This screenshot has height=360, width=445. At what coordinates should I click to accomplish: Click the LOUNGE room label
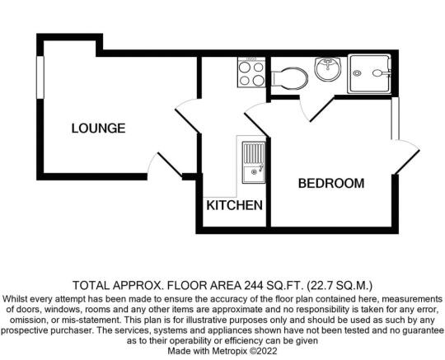pos(98,129)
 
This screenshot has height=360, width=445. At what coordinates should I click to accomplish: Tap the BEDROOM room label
pos(331,183)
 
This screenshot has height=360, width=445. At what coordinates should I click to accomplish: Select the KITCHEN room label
pos(234,205)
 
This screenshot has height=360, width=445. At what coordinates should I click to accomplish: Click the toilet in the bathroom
pos(289,78)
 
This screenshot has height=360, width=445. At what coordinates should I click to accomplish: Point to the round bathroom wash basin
pos(327,68)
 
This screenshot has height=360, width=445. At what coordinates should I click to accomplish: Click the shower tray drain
pos(357,73)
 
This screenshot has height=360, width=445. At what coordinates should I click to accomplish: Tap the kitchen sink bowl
pos(254,173)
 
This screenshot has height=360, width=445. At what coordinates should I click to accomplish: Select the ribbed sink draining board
pos(254,154)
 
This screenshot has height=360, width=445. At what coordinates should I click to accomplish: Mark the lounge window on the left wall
pos(40,77)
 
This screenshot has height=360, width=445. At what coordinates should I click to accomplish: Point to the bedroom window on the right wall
pos(396,119)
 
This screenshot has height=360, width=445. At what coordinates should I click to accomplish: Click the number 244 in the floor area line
pos(252,285)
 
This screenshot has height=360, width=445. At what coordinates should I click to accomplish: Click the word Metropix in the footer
pos(229,351)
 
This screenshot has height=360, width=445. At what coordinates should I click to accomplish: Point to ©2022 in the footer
pos(263,351)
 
